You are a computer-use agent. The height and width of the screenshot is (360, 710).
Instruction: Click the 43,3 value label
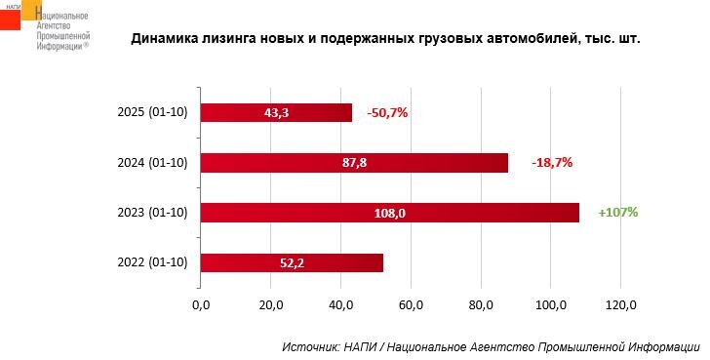(x=277, y=113)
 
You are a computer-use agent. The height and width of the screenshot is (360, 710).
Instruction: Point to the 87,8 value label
(x=354, y=163)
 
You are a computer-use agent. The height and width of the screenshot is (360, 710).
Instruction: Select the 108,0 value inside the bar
(x=390, y=213)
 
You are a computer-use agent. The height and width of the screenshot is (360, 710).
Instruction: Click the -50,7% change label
(x=387, y=113)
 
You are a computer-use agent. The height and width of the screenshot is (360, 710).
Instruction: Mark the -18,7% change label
(x=552, y=163)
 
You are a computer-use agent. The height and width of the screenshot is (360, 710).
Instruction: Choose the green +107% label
(x=618, y=213)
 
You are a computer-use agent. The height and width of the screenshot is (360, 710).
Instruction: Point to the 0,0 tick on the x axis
(x=201, y=306)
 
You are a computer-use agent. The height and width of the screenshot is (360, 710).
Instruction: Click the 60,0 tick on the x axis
(x=411, y=306)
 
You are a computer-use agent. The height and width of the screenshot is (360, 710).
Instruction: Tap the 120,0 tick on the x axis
(x=620, y=306)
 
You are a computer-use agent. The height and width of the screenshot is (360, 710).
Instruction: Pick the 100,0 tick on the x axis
(x=550, y=306)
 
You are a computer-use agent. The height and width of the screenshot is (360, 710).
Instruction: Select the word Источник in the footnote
(x=308, y=346)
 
